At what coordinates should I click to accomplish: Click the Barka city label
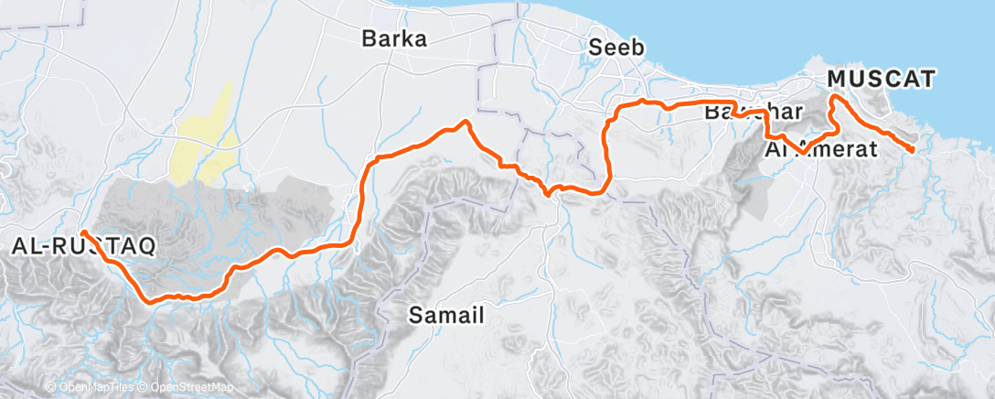pos(395,39)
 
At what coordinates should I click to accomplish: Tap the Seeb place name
pos(617,48)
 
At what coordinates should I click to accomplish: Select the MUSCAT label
pos(881,80)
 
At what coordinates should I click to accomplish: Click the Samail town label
pos(444,316)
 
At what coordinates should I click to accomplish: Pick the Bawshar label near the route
pos(754,113)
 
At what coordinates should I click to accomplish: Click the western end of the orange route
pos(81,232)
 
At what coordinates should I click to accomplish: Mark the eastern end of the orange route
pos(912,149)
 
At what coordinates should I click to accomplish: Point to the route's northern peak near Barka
pos(465,121)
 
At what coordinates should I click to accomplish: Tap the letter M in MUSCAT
pos(837,80)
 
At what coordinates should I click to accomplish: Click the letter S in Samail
pos(414,316)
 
